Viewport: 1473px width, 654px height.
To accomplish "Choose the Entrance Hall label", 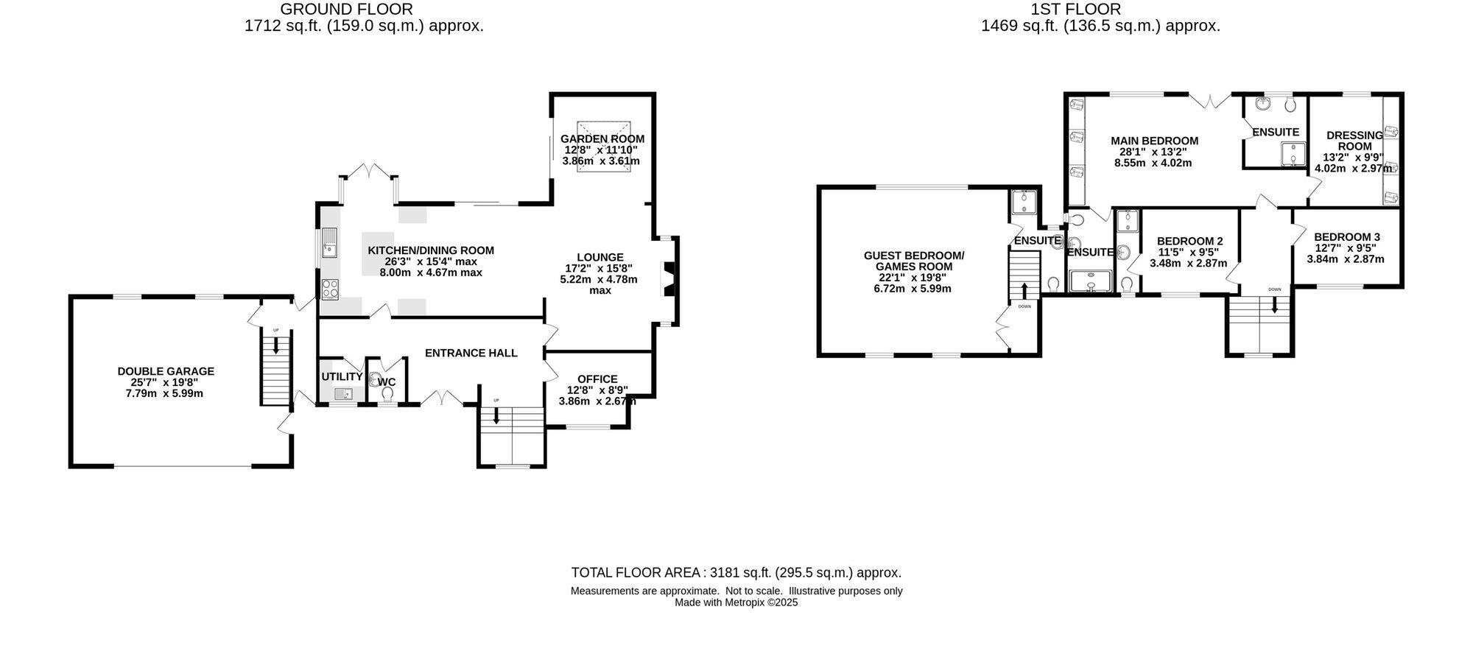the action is click(x=471, y=353).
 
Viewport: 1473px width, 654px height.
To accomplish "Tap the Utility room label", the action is click(x=342, y=377).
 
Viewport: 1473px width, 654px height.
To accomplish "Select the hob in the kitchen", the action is click(x=330, y=289).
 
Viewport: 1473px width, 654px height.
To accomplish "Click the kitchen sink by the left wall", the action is click(x=328, y=243).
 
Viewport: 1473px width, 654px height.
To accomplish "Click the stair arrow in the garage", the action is click(x=276, y=345).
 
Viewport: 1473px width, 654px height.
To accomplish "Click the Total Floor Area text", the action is click(x=736, y=572).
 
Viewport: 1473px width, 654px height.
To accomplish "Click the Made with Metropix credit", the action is click(x=736, y=602).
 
